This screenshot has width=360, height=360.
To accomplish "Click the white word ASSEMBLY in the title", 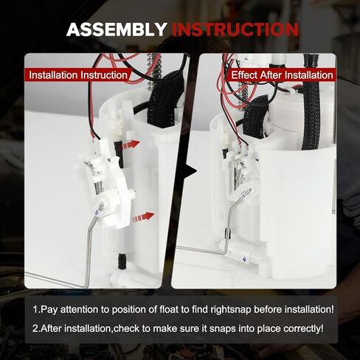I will click(116, 30).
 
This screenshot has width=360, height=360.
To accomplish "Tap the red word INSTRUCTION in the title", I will click(235, 30).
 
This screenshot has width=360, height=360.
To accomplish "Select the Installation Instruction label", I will click(75, 75).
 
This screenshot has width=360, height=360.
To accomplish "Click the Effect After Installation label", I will click(282, 75).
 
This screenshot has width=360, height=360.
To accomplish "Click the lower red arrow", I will click(144, 217).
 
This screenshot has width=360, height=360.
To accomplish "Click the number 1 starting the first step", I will click(36, 309).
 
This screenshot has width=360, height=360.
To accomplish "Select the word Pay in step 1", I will click(52, 309).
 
